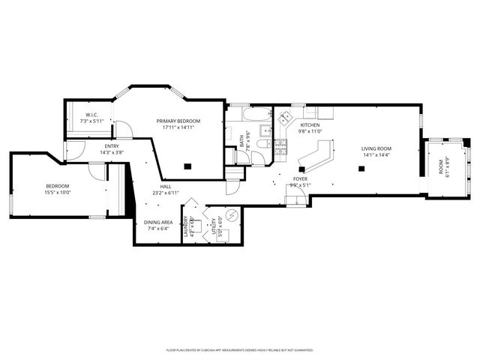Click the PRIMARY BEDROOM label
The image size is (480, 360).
(178, 121)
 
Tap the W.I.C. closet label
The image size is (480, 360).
(94, 115)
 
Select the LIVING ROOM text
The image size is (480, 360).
(376, 148)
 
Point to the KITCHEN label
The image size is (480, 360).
(310, 125)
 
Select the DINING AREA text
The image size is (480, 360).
(158, 223)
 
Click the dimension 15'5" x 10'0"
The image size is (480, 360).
(57, 192)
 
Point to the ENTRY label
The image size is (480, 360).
(112, 146)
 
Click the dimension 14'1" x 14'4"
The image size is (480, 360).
(376, 154)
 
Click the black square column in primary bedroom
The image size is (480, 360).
(189, 166)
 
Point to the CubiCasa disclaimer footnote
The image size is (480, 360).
(239, 349)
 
